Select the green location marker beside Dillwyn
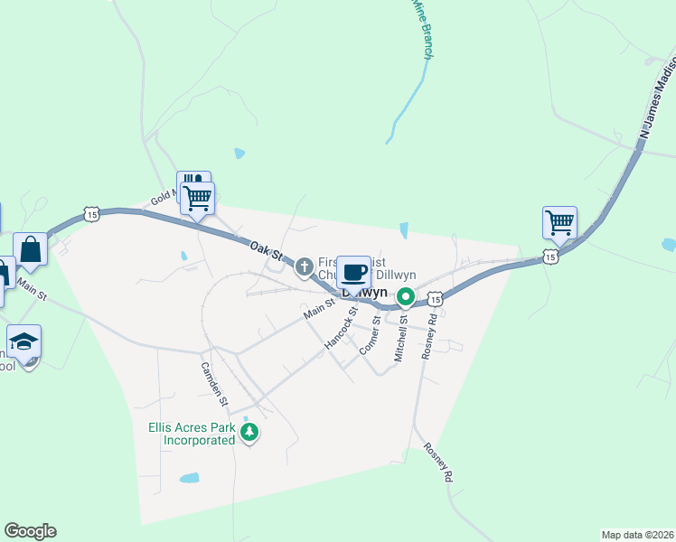pyautogui.click(x=407, y=295)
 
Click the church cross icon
pyautogui.click(x=305, y=266)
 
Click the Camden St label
pyautogui.click(x=216, y=381)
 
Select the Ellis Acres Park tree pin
pyautogui.click(x=250, y=435)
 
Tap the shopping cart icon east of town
pyautogui.click(x=560, y=222)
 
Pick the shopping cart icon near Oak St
pyautogui.click(x=197, y=197)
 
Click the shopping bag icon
pyautogui.click(x=30, y=248)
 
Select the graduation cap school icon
pyautogui.click(x=24, y=341)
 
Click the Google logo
pyautogui.click(x=30, y=531)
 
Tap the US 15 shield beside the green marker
pyautogui.click(x=436, y=298)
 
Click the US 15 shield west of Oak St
pyautogui.click(x=90, y=214)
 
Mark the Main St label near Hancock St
pyautogui.click(x=319, y=311)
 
